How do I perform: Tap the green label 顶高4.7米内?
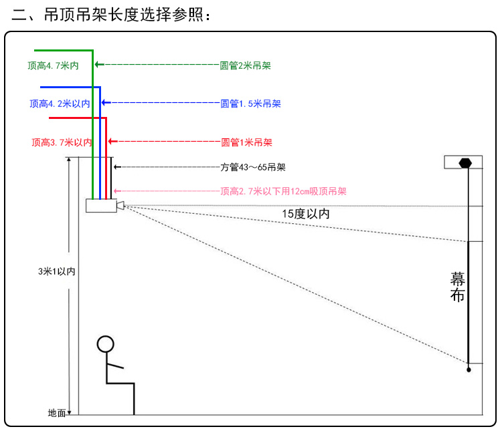click(x=53, y=65)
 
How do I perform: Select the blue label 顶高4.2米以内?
click(x=60, y=104)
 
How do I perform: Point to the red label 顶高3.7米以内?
click(x=62, y=142)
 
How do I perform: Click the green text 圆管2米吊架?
click(x=245, y=65)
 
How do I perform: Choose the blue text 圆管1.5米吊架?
click(x=251, y=104)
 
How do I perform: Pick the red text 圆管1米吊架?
click(x=246, y=142)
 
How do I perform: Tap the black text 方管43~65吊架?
click(x=252, y=167)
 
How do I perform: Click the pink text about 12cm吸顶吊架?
click(x=283, y=191)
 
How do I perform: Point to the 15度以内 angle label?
click(x=306, y=214)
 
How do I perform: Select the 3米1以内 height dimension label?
click(x=57, y=271)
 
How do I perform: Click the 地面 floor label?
click(x=57, y=413)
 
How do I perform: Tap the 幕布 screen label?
click(x=457, y=287)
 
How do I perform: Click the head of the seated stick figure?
click(x=105, y=344)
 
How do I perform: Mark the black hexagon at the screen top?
click(x=465, y=163)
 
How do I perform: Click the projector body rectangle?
click(x=101, y=206)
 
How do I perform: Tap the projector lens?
click(x=120, y=205)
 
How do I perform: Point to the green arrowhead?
click(x=99, y=65)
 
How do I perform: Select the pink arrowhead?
click(x=118, y=191)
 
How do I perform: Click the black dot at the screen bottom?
click(x=469, y=370)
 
